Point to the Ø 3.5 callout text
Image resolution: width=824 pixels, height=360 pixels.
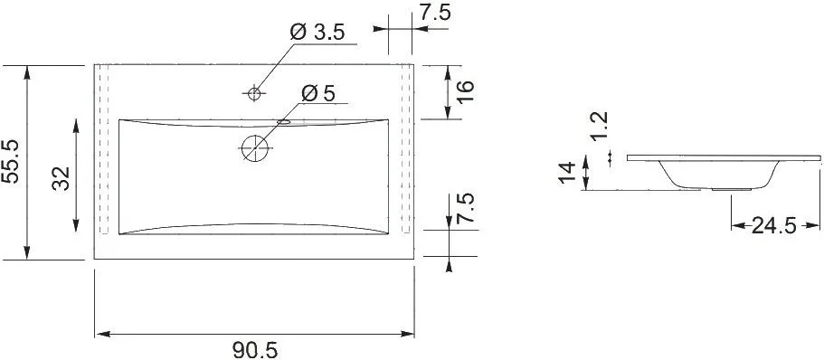[x=317, y=33]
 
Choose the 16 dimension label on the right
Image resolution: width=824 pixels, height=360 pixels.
[x=465, y=91]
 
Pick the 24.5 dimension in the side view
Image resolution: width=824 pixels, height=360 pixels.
[x=773, y=226]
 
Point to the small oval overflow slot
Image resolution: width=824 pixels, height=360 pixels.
[x=283, y=120]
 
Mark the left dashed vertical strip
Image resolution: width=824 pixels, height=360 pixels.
[x=104, y=149]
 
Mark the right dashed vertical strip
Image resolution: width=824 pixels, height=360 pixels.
[x=406, y=149]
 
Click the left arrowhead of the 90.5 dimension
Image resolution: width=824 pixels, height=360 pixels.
[x=99, y=334]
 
